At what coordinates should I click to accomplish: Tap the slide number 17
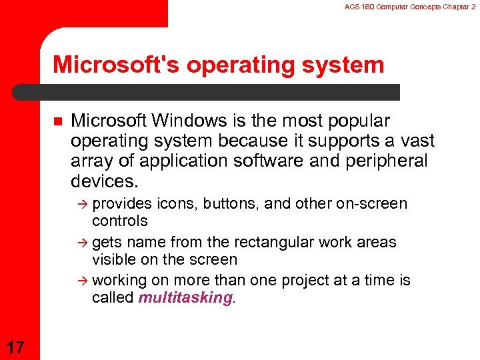(16, 346)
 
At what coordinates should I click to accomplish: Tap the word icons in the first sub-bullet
(172, 203)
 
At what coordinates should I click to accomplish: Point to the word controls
(120, 220)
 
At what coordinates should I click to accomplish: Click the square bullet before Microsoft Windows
(56, 121)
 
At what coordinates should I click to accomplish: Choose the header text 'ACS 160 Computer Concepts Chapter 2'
(409, 7)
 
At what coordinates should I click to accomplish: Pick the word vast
(417, 141)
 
